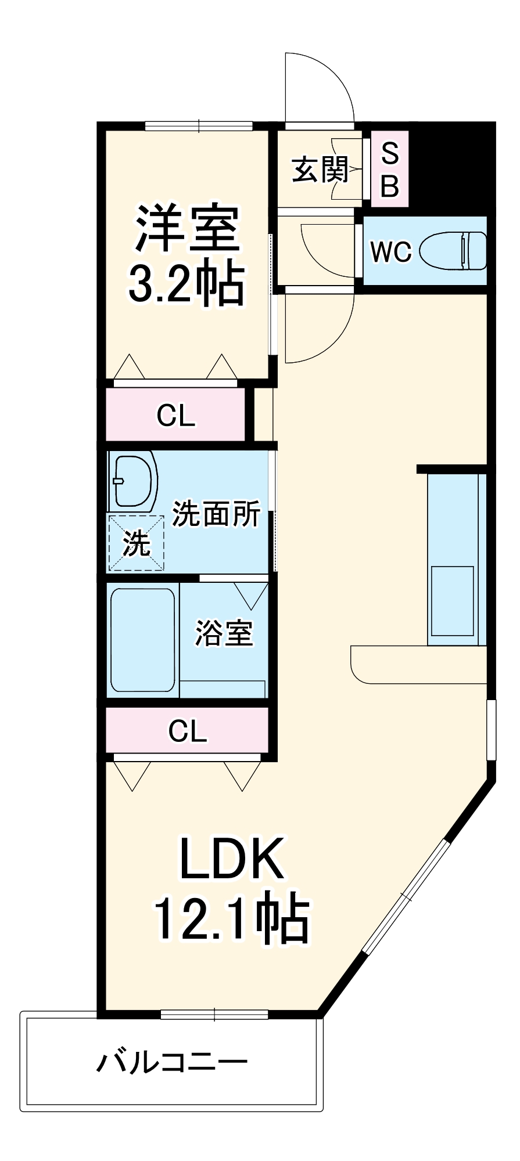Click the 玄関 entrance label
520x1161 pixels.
point(320,170)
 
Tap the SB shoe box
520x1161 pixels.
point(390,170)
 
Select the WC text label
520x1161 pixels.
point(390,251)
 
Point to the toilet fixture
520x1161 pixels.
point(453,251)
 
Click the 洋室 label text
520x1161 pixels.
point(187,228)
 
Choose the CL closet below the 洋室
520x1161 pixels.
point(175,415)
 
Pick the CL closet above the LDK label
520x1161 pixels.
point(187,731)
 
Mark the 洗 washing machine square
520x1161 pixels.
point(136,543)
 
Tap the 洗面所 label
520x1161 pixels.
point(216,513)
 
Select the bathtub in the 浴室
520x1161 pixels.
point(143,640)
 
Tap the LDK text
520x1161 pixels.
point(231,858)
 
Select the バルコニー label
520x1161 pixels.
point(172,1062)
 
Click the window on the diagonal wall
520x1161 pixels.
point(407,896)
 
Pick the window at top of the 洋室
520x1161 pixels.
point(199,125)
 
